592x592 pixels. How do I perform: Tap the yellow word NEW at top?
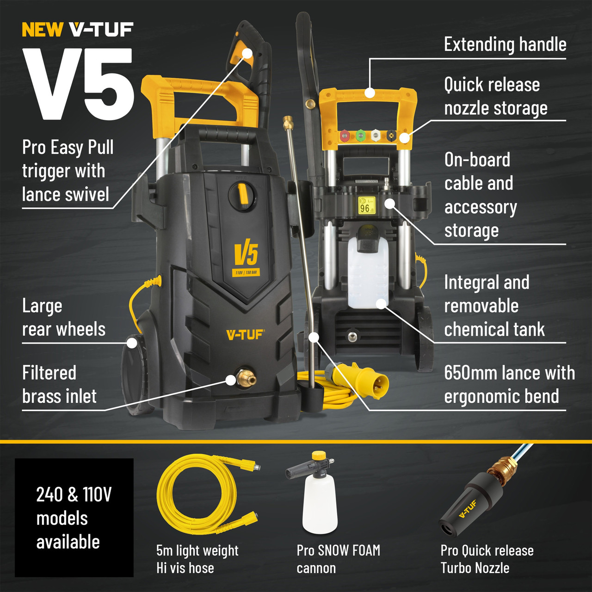coord(42,30)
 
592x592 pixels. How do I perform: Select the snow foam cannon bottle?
coord(319,502)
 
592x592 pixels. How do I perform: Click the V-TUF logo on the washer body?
coord(245,335)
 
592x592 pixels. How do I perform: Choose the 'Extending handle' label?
coord(505,44)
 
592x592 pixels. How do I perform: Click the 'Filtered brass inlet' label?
coord(59,384)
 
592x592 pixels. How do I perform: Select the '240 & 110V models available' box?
coord(74,518)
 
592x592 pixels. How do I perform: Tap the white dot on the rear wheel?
coord(132,343)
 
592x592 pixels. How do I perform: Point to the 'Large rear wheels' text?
coord(64,318)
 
